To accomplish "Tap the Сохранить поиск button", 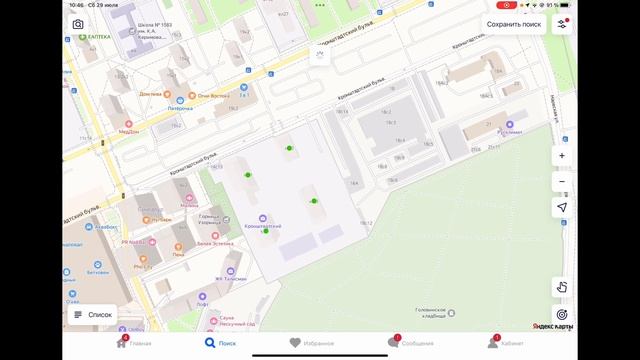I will pyautogui.click(x=514, y=23).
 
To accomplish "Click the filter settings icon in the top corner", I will pyautogui.click(x=562, y=23).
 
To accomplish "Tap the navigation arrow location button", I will pyautogui.click(x=562, y=206).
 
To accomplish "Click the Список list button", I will pyautogui.click(x=92, y=314).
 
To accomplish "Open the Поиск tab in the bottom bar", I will pyautogui.click(x=221, y=343).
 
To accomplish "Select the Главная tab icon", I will pyautogui.click(x=135, y=343).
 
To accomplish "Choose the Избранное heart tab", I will pyautogui.click(x=311, y=343).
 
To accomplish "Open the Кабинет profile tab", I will pyautogui.click(x=506, y=343).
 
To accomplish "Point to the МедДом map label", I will pyautogui.click(x=128, y=131).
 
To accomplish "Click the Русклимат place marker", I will pyautogui.click(x=511, y=131).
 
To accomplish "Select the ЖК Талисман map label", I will pyautogui.click(x=229, y=279).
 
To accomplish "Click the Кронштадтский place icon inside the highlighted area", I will pyautogui.click(x=263, y=220).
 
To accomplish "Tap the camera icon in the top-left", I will pyautogui.click(x=78, y=24).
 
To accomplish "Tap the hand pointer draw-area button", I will pyautogui.click(x=562, y=286).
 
